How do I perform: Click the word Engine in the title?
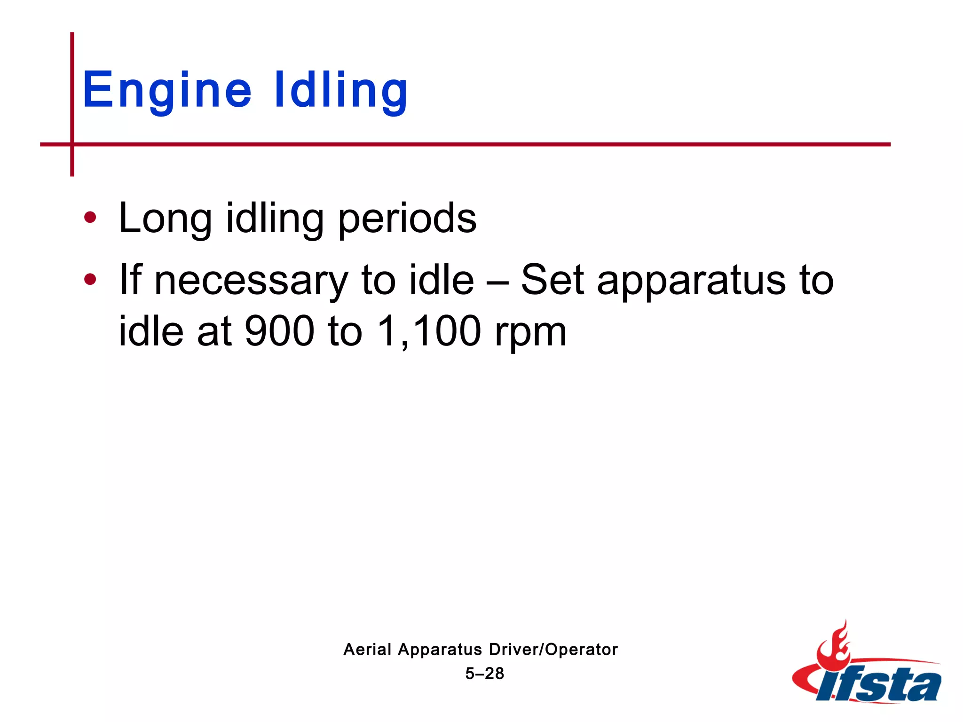coord(167,90)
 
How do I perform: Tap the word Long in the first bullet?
coord(165,219)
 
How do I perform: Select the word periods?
coord(407,219)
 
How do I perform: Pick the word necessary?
coord(251,281)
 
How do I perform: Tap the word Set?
coord(553,280)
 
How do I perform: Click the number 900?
coord(279,331)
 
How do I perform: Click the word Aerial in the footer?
coord(367,650)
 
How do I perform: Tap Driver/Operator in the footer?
coord(553,650)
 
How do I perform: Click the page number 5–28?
coord(485,674)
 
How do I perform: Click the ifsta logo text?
coord(879,684)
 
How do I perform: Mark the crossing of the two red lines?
coord(72,144)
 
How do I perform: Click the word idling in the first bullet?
coord(275,219)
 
